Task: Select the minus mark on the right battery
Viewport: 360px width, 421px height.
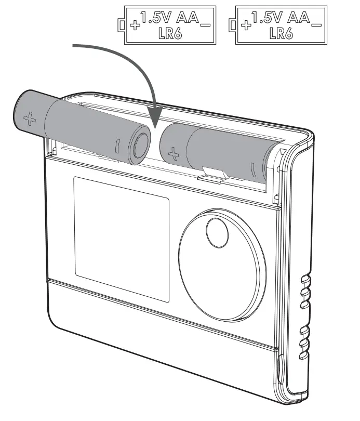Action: pos(252,170)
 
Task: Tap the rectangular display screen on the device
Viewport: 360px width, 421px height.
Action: pos(122,239)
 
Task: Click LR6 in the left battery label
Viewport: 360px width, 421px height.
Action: pos(170,34)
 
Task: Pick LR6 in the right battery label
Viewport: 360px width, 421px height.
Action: pos(281,34)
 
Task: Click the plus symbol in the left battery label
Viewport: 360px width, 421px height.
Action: pos(136,24)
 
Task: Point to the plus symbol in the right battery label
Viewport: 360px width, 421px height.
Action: pos(247,24)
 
